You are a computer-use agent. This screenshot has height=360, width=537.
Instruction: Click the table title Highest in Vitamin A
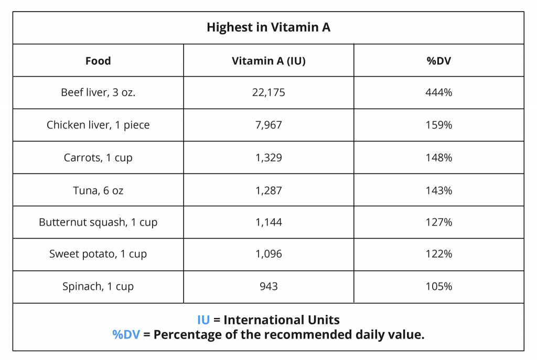[268, 28]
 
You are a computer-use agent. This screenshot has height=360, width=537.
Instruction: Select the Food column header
[98, 61]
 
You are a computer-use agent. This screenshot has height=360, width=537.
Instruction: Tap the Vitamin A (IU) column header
[268, 61]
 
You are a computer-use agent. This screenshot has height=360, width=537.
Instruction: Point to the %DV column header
[439, 61]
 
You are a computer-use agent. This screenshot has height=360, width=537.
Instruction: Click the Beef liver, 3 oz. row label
[98, 93]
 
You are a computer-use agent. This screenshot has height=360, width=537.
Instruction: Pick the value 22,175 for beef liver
[268, 93]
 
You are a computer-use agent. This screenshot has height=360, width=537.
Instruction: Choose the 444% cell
[439, 93]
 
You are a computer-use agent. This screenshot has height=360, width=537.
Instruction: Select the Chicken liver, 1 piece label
[98, 125]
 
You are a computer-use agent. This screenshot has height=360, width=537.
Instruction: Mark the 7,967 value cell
[268, 125]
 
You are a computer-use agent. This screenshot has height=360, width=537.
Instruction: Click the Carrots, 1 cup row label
[98, 157]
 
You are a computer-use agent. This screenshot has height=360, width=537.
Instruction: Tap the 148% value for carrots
[439, 157]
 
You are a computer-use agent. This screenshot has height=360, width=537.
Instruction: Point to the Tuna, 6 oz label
[98, 190]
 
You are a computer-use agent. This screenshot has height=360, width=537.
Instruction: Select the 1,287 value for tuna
[268, 190]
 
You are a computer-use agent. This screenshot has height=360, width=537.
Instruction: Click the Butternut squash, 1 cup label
[98, 222]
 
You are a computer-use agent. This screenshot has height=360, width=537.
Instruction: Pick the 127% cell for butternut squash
[439, 222]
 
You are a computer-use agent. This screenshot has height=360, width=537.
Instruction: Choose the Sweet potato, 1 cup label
[98, 254]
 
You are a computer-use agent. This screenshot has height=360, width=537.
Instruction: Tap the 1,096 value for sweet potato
[268, 254]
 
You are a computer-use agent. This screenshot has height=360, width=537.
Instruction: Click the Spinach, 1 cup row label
[98, 287]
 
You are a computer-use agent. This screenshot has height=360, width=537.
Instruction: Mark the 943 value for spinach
[268, 287]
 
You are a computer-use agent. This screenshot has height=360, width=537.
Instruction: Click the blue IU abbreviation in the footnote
[203, 320]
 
